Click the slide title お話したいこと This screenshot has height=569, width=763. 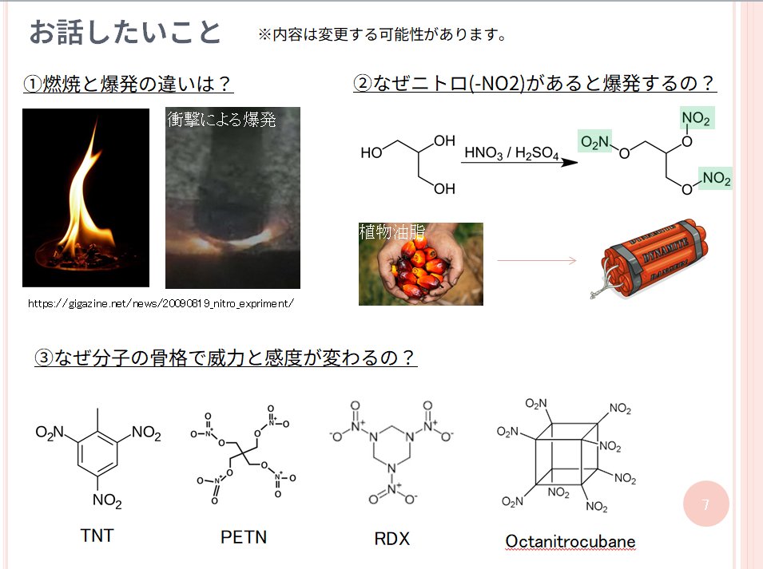(x=125, y=33)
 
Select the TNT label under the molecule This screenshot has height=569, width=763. (x=97, y=535)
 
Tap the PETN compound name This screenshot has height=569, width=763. (x=244, y=537)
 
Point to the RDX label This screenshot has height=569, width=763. (x=391, y=539)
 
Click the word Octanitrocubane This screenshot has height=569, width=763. (x=570, y=541)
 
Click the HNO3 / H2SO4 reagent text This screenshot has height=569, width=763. (x=511, y=153)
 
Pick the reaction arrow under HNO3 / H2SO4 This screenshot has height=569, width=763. (x=519, y=162)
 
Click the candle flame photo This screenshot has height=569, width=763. (x=85, y=198)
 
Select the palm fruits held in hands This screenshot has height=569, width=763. (x=420, y=265)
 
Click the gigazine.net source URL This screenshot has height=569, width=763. (x=161, y=304)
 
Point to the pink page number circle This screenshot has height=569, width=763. (x=706, y=504)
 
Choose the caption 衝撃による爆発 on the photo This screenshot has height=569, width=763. (x=221, y=120)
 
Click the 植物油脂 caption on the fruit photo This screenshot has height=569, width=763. (x=391, y=231)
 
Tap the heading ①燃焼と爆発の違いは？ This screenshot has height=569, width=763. (x=128, y=84)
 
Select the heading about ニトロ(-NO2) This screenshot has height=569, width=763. (x=534, y=83)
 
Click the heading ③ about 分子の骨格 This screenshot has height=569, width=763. (x=226, y=358)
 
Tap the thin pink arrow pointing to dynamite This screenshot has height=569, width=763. (x=537, y=261)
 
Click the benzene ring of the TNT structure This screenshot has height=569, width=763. (x=97, y=453)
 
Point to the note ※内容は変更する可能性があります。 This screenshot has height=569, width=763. (x=383, y=34)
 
